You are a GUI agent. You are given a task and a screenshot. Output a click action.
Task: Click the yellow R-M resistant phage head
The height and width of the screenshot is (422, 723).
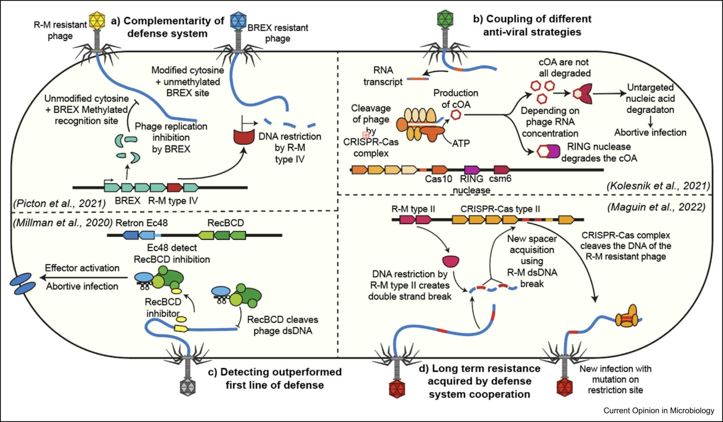[x=96, y=20]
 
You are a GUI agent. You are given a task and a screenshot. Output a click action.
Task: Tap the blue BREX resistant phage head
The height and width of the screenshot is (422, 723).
[x=238, y=20]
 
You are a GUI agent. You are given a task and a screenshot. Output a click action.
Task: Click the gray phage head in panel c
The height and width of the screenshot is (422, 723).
[x=187, y=387]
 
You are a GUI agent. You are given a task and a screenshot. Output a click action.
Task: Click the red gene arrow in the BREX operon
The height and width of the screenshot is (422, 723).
[x=175, y=187]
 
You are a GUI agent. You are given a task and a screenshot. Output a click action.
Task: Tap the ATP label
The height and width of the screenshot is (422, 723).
[x=461, y=143]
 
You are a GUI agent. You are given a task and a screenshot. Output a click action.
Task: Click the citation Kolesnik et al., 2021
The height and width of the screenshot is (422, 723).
[x=658, y=186]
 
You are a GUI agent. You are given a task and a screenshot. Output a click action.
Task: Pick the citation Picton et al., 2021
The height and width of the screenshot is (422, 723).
[x=59, y=203]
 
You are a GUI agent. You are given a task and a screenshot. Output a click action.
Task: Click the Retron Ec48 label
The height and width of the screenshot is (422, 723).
[x=142, y=223]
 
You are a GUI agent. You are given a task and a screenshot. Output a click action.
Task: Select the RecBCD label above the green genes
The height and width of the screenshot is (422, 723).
[x=226, y=223]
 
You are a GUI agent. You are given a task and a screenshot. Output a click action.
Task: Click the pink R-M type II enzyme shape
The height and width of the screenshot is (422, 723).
[x=451, y=261]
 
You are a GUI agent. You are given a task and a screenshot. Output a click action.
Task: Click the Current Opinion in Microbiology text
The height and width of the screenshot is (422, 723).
[x=659, y=410]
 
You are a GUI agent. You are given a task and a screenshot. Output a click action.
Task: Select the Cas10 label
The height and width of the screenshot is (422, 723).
[x=438, y=179]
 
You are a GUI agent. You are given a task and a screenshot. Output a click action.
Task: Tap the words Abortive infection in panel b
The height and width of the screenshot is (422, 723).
[x=650, y=132]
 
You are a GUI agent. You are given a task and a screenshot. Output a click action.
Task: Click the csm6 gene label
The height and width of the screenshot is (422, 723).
[x=500, y=179]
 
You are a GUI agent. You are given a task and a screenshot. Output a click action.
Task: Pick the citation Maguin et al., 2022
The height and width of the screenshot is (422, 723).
[x=656, y=207]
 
